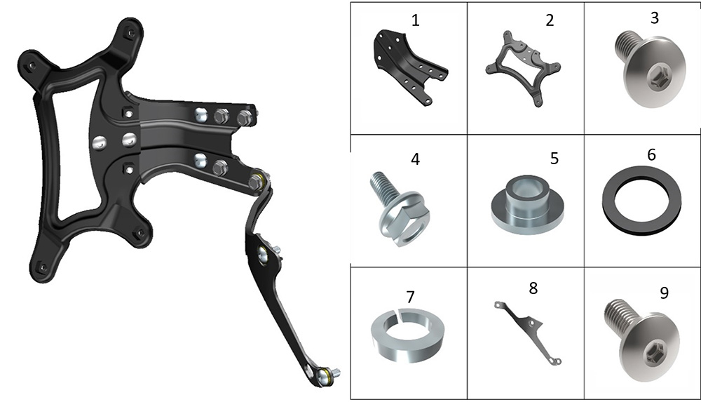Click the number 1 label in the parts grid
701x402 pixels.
pos(415,20)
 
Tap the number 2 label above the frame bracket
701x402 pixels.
pos(550,20)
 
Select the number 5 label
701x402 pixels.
pos(554,158)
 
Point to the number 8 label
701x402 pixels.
pos(533,288)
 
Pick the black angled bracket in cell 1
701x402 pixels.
pos(409,67)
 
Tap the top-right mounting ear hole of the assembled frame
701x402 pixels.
pos(130,33)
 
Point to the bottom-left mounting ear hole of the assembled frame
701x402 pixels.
pos(43,267)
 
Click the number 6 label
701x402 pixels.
pos(651,155)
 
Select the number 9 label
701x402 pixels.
pos(665,293)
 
